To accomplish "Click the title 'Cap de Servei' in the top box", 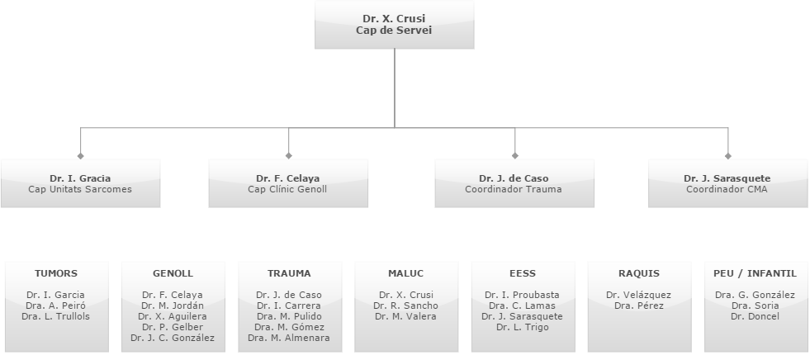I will pos(394,30).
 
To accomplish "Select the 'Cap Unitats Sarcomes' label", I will pos(80,189).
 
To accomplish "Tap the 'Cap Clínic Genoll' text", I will pos(287,189).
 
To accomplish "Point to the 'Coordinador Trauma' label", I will pos(514,189).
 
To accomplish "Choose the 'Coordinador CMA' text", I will pos(727,189).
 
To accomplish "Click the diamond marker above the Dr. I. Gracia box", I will pos(80,155).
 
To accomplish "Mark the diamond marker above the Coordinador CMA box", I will pos(727,155).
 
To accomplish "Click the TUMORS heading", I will pos(56,273).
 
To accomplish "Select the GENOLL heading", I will pos(173,273).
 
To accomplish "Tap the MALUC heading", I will pos(405,273).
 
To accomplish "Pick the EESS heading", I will pos(523,273).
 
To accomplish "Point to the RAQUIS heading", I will pos(639,273).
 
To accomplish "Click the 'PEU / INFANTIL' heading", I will pos(755,273).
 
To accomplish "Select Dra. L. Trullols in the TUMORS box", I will pos(56,316).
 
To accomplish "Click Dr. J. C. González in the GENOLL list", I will pos(173,338).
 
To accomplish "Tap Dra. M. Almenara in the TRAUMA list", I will pos(289,338).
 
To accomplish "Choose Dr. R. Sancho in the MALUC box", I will pos(405,306).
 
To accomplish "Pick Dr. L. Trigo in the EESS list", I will pos(523,327).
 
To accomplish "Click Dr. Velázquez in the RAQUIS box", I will pos(638,295).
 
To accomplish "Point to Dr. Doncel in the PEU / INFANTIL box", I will pos(755,316).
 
